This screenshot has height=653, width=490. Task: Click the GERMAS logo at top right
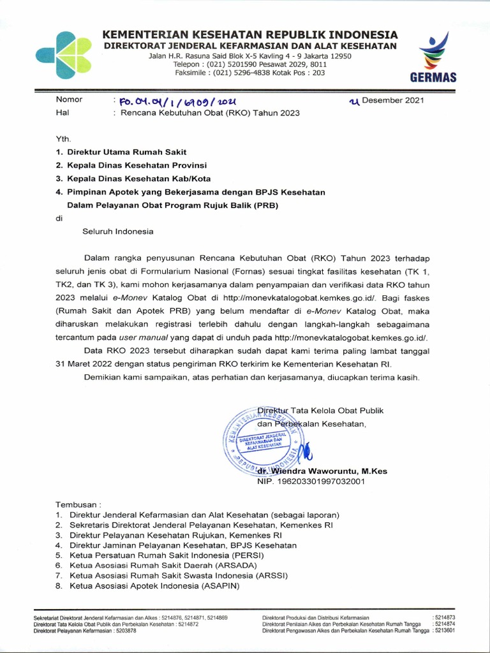click(436, 57)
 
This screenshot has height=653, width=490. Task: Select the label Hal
click(63, 113)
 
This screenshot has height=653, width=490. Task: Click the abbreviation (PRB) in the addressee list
click(264, 205)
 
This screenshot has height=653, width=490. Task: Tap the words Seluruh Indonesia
click(118, 231)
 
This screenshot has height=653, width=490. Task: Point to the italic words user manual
click(160, 337)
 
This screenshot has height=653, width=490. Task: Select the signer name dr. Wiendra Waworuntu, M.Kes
click(322, 471)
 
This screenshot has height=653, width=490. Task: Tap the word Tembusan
click(78, 503)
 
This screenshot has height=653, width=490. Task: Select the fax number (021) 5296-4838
click(248, 73)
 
